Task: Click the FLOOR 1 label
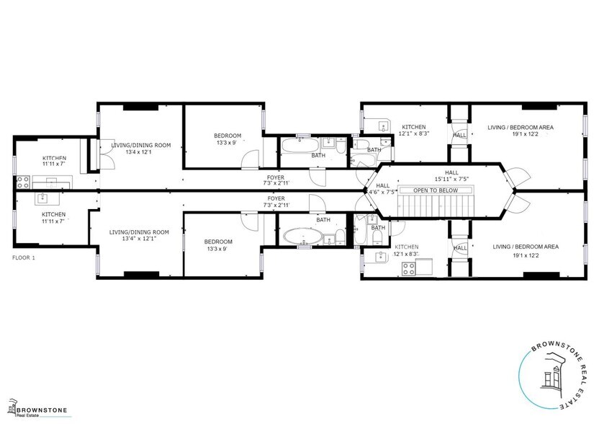24,257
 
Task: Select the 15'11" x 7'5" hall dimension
451,179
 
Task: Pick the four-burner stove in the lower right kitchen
409,269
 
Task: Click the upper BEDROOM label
228,136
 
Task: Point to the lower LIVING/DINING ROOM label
139,232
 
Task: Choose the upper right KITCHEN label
414,127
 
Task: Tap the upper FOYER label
276,177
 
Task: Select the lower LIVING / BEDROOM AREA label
525,247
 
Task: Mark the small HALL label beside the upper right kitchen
459,135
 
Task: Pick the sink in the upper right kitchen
382,126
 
